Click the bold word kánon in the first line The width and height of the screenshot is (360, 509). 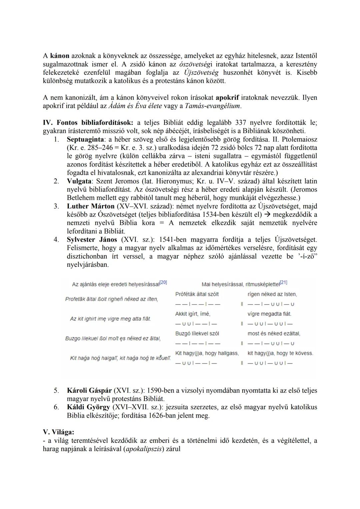[x=60, y=56]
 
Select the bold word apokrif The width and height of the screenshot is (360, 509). [x=227, y=98]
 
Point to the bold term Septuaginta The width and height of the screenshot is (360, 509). [x=85, y=139]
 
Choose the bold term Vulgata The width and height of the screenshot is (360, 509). [x=79, y=181]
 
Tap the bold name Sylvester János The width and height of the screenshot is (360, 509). [x=92, y=239]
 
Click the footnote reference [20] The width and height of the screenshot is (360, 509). [x=163, y=283]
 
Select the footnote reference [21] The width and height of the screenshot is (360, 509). [x=283, y=283]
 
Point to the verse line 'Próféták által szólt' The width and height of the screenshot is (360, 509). [x=197, y=294]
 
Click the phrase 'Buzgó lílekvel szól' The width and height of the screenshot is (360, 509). [x=197, y=334]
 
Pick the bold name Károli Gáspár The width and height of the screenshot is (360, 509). [x=89, y=390]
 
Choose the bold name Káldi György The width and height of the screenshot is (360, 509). [x=88, y=407]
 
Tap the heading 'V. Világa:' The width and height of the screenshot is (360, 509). [x=58, y=432]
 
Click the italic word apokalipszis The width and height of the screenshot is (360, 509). [x=144, y=449]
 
